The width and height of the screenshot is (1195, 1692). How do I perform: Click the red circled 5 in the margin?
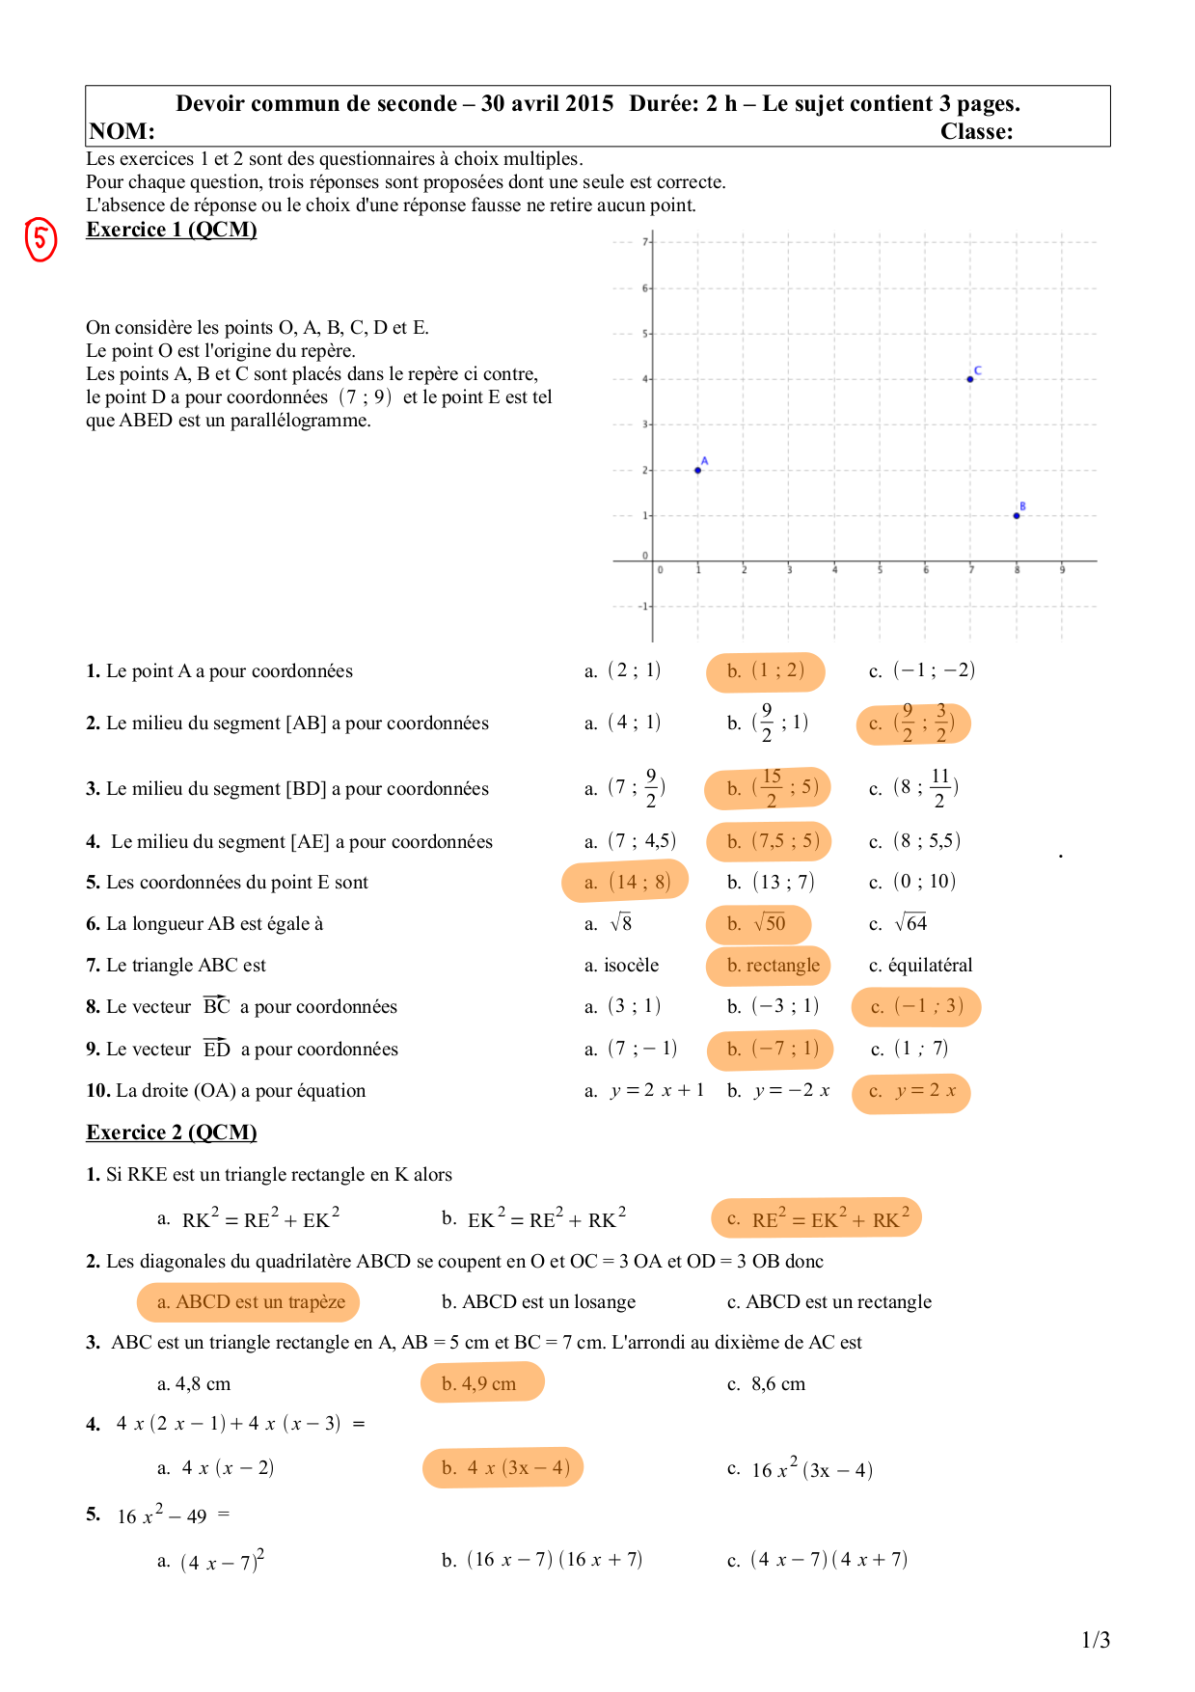[x=41, y=239]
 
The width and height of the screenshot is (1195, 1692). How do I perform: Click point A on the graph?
[x=698, y=470]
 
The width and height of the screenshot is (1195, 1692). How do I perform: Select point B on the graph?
[x=1017, y=515]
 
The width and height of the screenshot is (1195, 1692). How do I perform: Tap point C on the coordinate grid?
[x=970, y=379]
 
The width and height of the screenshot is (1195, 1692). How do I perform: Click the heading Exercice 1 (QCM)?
[x=172, y=230]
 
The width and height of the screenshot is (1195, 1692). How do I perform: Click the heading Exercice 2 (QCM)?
[x=172, y=1133]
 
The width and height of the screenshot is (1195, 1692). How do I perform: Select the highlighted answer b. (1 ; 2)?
[x=766, y=671]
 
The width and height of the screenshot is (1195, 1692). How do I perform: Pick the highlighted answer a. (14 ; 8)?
[x=626, y=882]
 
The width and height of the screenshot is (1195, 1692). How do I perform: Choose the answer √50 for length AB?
[x=759, y=924]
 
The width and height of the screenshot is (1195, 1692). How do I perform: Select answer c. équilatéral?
[x=920, y=966]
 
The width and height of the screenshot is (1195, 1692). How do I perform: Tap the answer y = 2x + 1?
[x=644, y=1091]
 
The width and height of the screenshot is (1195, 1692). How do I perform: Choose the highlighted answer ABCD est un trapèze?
[x=250, y=1302]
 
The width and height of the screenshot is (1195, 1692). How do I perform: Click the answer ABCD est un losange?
[x=538, y=1302]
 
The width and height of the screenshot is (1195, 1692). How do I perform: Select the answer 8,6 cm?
[x=767, y=1384]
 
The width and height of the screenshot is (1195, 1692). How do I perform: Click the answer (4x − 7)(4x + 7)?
[x=818, y=1560]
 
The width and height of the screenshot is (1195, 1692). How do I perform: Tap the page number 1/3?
[x=1096, y=1640]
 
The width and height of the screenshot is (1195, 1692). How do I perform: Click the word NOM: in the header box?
[x=122, y=132]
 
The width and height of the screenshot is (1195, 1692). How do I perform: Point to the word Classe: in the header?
[x=976, y=132]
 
